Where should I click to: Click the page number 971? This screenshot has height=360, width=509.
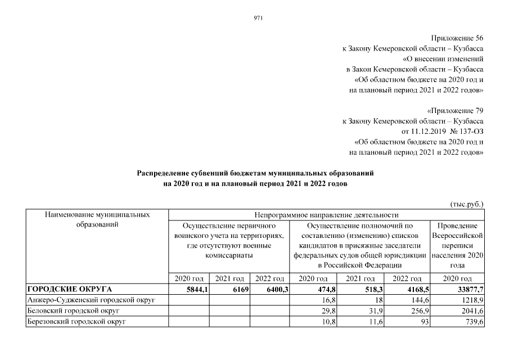(x=259, y=17)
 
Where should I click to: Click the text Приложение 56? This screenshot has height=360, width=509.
(x=460, y=38)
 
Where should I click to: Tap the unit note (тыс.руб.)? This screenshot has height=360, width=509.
(x=467, y=205)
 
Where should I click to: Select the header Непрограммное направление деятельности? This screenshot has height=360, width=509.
(x=326, y=214)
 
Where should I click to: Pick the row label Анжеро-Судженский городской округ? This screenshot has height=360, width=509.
(x=91, y=300)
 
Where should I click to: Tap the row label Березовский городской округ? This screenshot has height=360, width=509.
(x=77, y=321)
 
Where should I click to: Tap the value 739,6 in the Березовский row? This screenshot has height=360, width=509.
(x=473, y=321)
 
